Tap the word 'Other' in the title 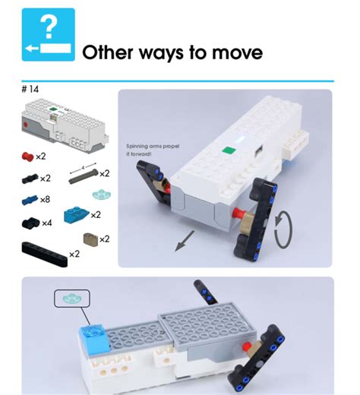(x=109, y=52)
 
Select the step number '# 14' (x=30, y=89)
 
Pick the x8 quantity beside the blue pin (x=45, y=200)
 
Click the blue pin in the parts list (x=28, y=200)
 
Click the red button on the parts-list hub (x=29, y=123)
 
